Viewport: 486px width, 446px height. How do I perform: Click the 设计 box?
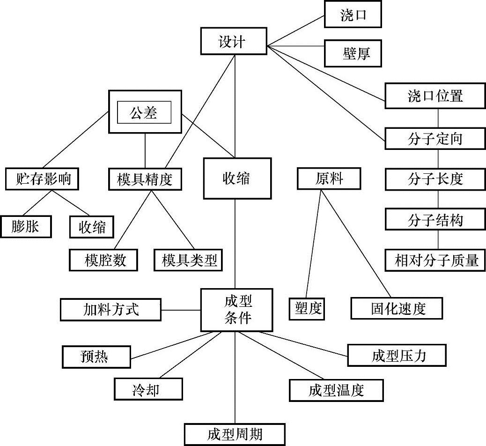pyautogui.click(x=233, y=41)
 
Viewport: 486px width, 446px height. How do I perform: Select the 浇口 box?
pyautogui.click(x=353, y=15)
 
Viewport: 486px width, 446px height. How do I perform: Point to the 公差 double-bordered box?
pyautogui.click(x=145, y=112)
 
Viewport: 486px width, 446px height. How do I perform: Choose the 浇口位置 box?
pyautogui.click(x=435, y=96)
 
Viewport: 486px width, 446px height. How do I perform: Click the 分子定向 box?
pyautogui.click(x=435, y=139)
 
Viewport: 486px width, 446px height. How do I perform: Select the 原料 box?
pyautogui.click(x=329, y=178)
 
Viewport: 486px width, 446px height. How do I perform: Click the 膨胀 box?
pyautogui.click(x=26, y=227)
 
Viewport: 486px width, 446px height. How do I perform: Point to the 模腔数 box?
pyautogui.click(x=103, y=260)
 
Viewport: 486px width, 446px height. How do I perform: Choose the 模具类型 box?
pyautogui.click(x=188, y=260)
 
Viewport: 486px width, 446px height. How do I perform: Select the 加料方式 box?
pyautogui.click(x=110, y=310)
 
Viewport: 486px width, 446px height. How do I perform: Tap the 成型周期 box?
pyautogui.click(x=234, y=434)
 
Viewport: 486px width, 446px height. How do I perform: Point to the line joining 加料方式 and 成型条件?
pyautogui.click(x=181, y=310)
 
